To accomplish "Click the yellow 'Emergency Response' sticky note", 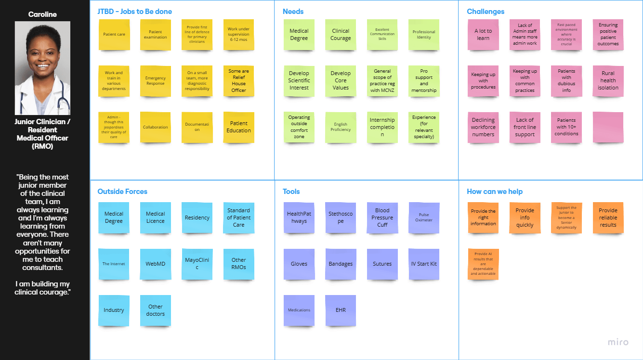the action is [155, 81].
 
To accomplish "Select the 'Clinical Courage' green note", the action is [341, 35].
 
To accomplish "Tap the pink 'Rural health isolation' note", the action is [608, 81].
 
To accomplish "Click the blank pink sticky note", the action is [608, 127].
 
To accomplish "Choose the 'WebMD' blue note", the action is [155, 264].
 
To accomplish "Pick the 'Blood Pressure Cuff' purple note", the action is [382, 218].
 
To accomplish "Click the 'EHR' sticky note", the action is [341, 310].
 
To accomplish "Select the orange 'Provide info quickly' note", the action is [525, 218].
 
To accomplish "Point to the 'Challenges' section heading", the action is [486, 12].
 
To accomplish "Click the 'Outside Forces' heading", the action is [122, 192].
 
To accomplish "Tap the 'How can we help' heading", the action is [495, 192].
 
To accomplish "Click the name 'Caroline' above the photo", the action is [42, 14].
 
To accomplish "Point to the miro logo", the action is [618, 342].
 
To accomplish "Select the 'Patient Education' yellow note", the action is [238, 127].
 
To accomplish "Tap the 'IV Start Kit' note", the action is [424, 264].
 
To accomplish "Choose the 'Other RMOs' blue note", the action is [238, 264].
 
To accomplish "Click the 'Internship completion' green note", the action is [382, 127].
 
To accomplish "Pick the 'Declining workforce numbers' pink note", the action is [483, 127].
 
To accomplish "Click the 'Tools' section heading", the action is [291, 192].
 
